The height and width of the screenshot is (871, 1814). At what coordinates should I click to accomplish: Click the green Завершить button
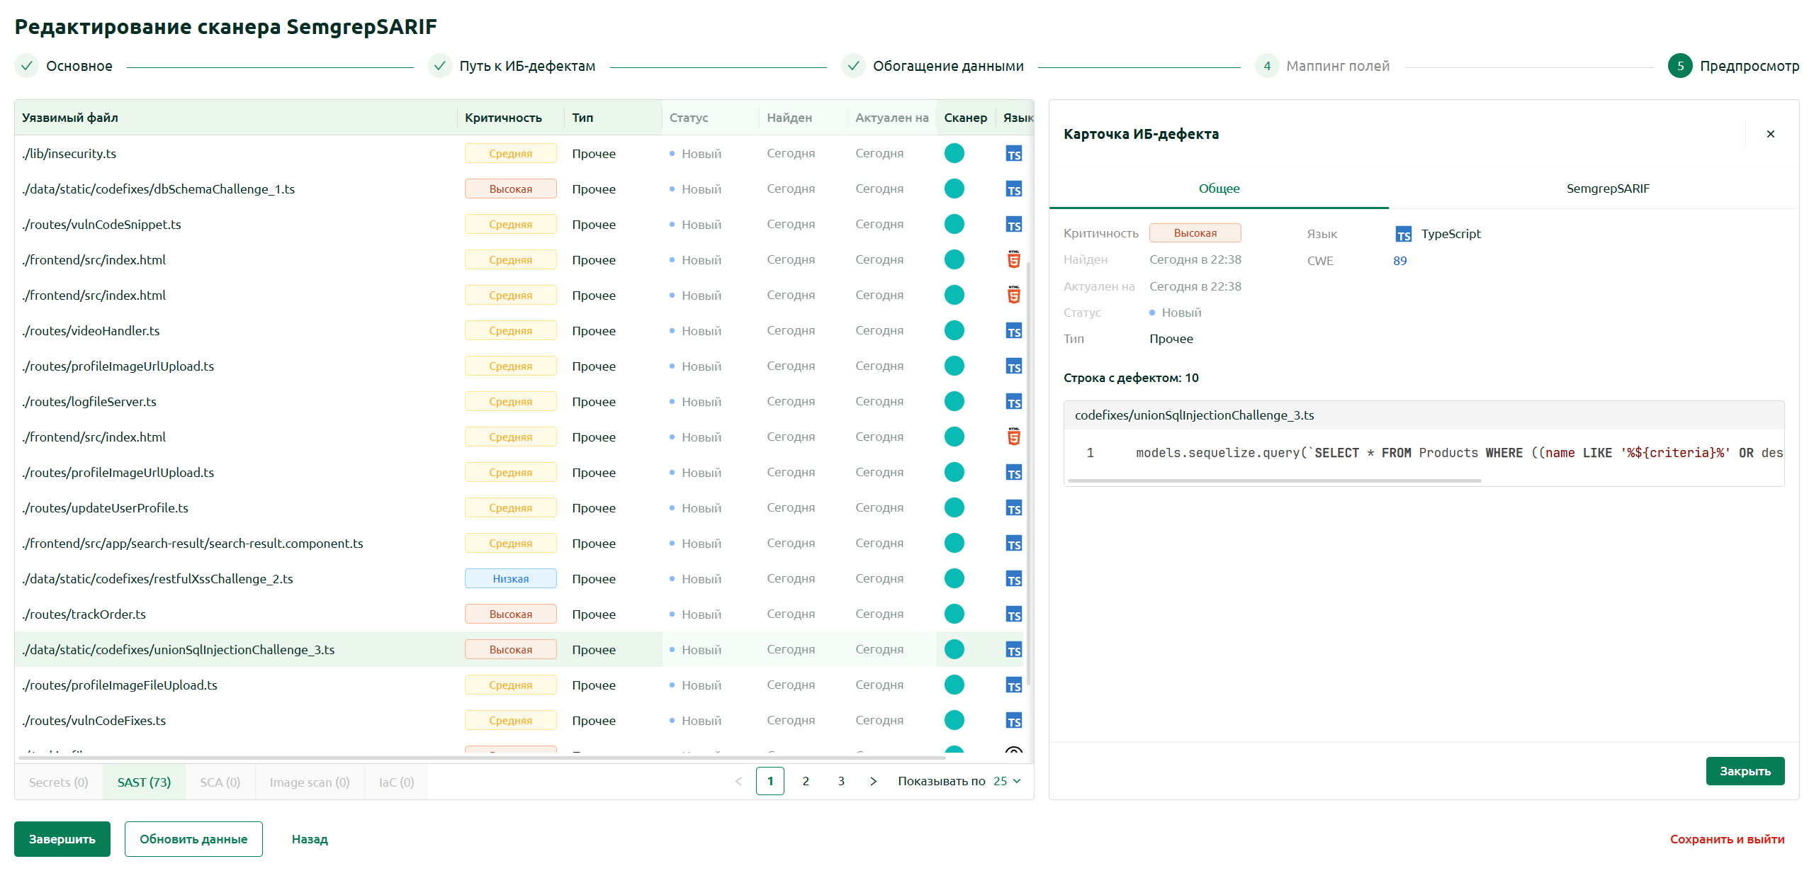tap(62, 839)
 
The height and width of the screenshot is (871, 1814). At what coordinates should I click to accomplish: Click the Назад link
tap(310, 839)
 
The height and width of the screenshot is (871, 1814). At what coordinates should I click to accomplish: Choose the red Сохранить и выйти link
tap(1727, 839)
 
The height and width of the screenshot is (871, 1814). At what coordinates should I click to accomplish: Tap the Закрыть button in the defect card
tap(1745, 771)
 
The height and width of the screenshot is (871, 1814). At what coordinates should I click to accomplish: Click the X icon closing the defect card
tap(1771, 134)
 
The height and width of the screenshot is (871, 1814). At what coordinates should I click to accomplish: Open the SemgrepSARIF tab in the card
tap(1608, 189)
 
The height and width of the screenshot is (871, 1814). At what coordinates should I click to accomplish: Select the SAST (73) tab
tap(144, 782)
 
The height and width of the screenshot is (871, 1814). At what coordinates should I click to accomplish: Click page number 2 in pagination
tap(806, 781)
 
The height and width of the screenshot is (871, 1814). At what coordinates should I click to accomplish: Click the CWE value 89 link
tap(1400, 261)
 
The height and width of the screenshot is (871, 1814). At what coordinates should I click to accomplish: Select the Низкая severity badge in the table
tap(511, 579)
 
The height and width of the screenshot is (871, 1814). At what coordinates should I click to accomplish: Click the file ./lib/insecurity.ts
tap(69, 154)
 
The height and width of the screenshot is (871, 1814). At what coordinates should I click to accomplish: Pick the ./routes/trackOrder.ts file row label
tap(84, 614)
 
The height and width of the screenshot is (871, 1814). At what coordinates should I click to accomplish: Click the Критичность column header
tap(503, 118)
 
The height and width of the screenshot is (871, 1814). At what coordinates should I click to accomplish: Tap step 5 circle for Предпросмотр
tap(1680, 66)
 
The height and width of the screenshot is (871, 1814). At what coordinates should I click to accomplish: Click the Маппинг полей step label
tap(1338, 66)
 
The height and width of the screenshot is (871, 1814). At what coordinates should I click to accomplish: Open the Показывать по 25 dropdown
tap(1007, 781)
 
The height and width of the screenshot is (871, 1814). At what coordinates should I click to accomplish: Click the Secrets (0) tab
tap(59, 782)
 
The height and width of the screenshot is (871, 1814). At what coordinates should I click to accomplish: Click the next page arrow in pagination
tap(873, 781)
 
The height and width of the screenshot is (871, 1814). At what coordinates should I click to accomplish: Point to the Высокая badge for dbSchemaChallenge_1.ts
tap(511, 189)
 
